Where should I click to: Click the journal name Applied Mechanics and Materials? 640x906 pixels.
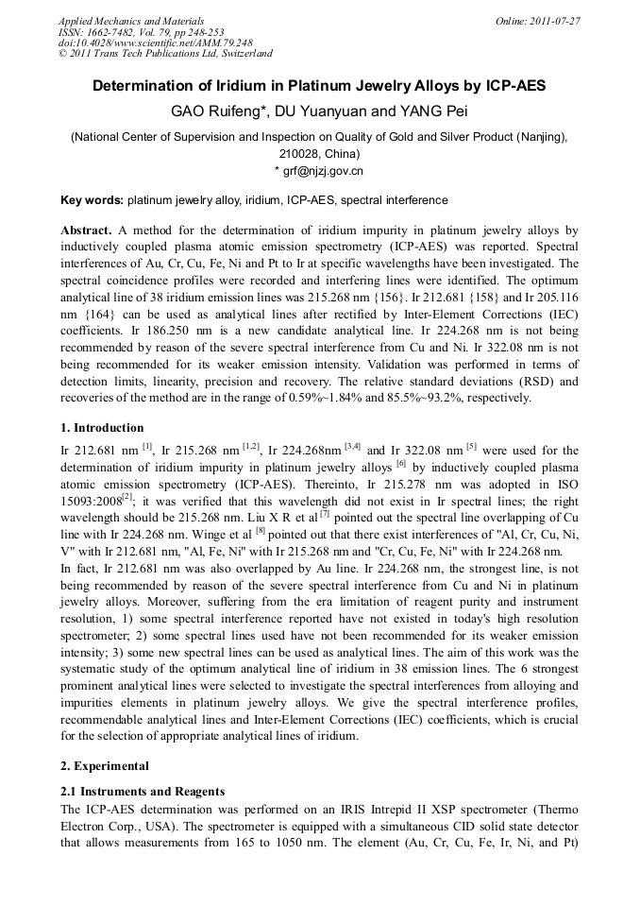pos(131,21)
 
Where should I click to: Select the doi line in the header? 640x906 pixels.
pos(155,43)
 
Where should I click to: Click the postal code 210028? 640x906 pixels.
pos(300,153)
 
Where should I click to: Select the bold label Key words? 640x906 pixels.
pos(92,200)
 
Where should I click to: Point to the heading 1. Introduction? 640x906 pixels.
pos(102,427)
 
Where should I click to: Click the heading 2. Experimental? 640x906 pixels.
pos(104,765)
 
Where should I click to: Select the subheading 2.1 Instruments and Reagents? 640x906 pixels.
pos(143,791)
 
